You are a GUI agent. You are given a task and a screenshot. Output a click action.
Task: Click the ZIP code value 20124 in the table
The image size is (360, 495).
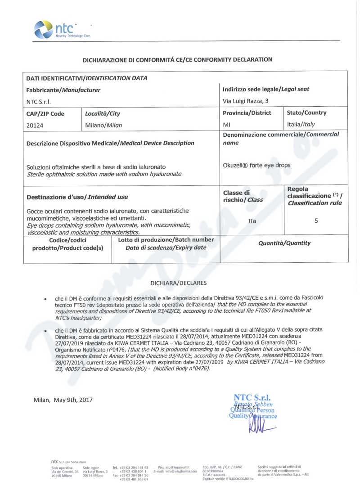(x=36, y=126)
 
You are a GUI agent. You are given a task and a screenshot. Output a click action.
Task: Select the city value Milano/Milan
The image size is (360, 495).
(x=103, y=126)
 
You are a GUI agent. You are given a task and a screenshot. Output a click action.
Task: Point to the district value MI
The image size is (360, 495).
(x=227, y=126)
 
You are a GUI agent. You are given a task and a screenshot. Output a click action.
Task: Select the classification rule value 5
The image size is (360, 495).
(x=316, y=221)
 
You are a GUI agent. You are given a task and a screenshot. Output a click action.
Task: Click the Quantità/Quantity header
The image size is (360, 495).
(x=284, y=243)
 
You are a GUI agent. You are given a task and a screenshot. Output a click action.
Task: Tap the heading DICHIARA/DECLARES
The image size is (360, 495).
(x=180, y=283)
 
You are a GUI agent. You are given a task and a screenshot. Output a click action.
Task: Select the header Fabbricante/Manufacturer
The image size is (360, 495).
(x=63, y=90)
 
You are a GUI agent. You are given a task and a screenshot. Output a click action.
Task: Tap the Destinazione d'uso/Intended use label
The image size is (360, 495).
(x=77, y=197)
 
